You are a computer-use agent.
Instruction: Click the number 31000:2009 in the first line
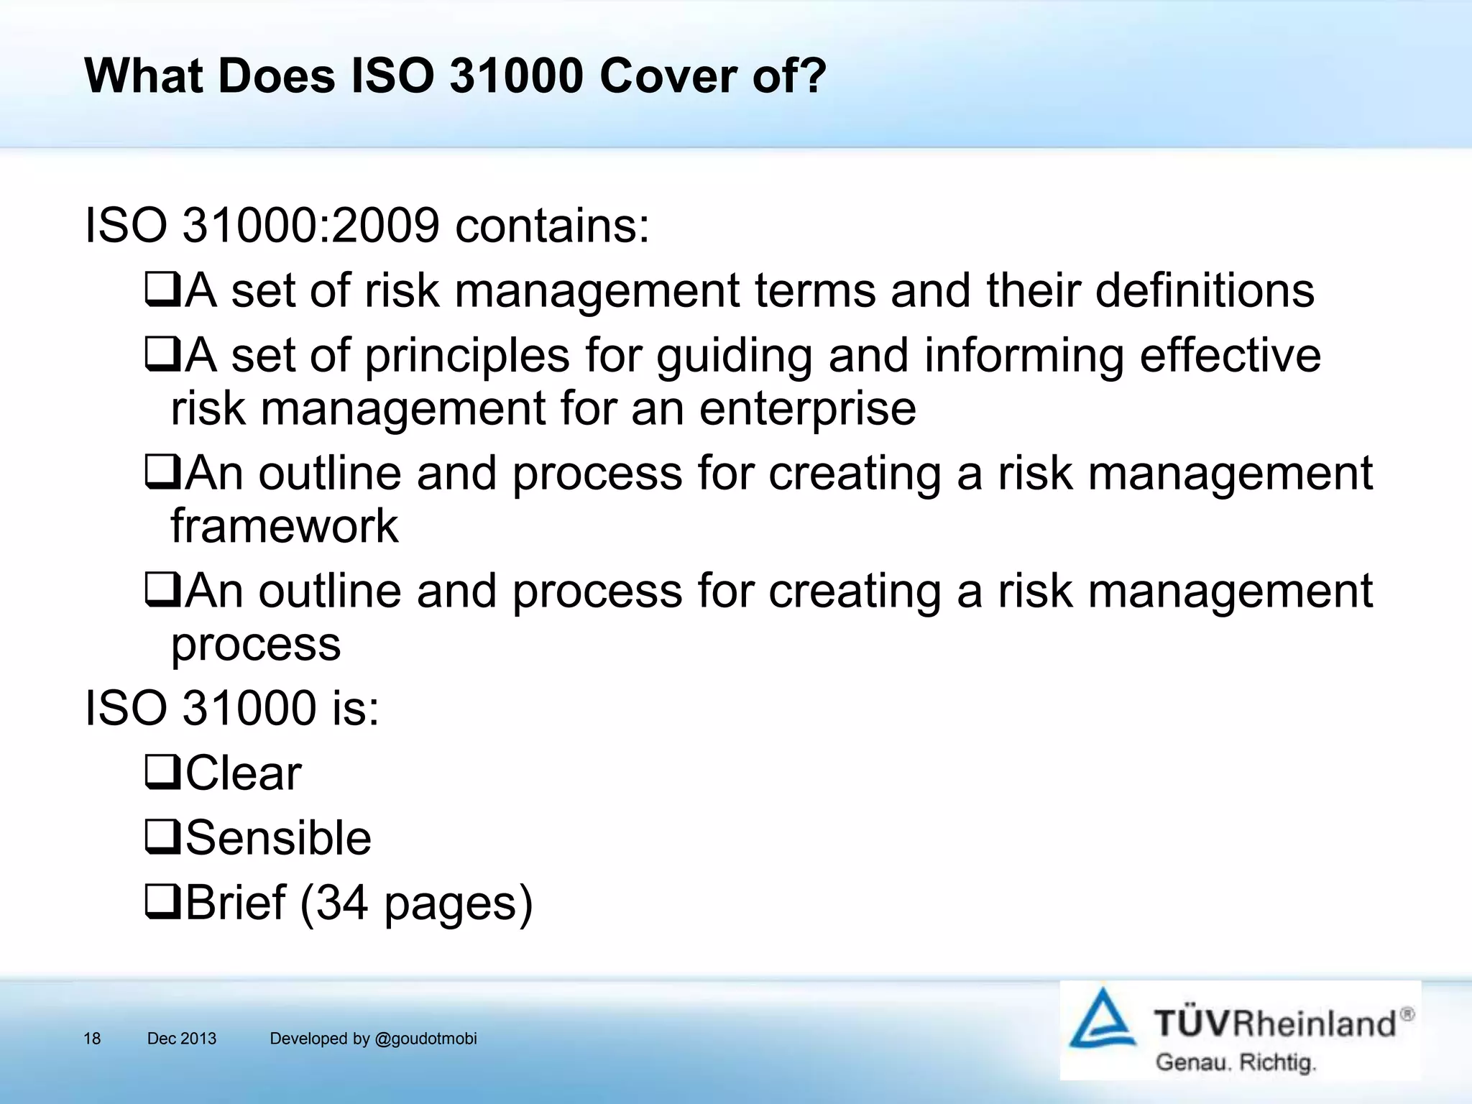310,226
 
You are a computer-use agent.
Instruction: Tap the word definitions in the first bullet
1205,291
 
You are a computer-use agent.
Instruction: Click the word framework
284,526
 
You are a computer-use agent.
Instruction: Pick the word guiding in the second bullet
734,357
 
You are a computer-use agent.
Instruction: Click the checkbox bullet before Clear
162,773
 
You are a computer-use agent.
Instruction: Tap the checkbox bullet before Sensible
162,837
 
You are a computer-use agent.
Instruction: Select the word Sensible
279,838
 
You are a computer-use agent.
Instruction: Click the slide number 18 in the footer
92,1039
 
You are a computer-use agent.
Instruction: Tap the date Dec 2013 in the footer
181,1039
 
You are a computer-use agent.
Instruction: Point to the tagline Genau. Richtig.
1235,1062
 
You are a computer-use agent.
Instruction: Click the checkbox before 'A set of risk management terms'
162,291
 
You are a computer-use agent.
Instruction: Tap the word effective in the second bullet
1230,356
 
